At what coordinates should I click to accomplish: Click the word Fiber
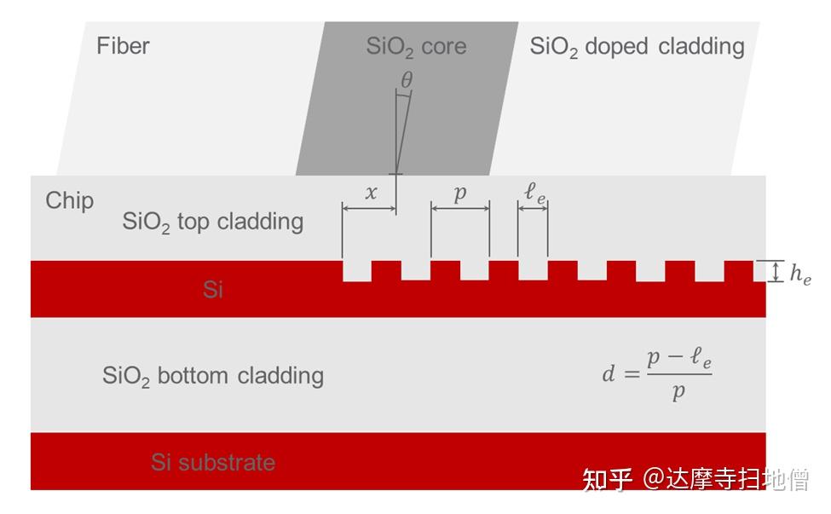(x=123, y=45)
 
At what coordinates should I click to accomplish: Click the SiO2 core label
(x=416, y=46)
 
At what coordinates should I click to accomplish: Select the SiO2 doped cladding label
(x=637, y=46)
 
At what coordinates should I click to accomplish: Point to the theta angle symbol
(x=407, y=79)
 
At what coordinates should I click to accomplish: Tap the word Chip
(x=69, y=200)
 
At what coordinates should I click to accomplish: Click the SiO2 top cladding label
(x=212, y=222)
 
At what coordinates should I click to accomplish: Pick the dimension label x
(x=371, y=193)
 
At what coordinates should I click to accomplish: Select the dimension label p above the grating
(x=460, y=193)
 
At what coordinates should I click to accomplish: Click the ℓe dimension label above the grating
(x=534, y=193)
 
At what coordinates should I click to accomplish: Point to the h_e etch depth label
(x=800, y=274)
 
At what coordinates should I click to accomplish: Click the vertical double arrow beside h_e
(x=776, y=272)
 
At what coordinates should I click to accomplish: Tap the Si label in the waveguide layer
(x=213, y=290)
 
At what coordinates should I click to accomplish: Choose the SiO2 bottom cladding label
(x=212, y=376)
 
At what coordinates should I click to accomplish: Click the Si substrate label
(x=213, y=463)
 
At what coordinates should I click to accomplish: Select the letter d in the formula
(x=609, y=373)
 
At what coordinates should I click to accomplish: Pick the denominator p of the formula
(x=678, y=391)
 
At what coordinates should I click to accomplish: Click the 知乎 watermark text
(x=607, y=479)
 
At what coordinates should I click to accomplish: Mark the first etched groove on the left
(x=356, y=271)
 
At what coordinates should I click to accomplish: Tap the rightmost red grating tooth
(x=739, y=271)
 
